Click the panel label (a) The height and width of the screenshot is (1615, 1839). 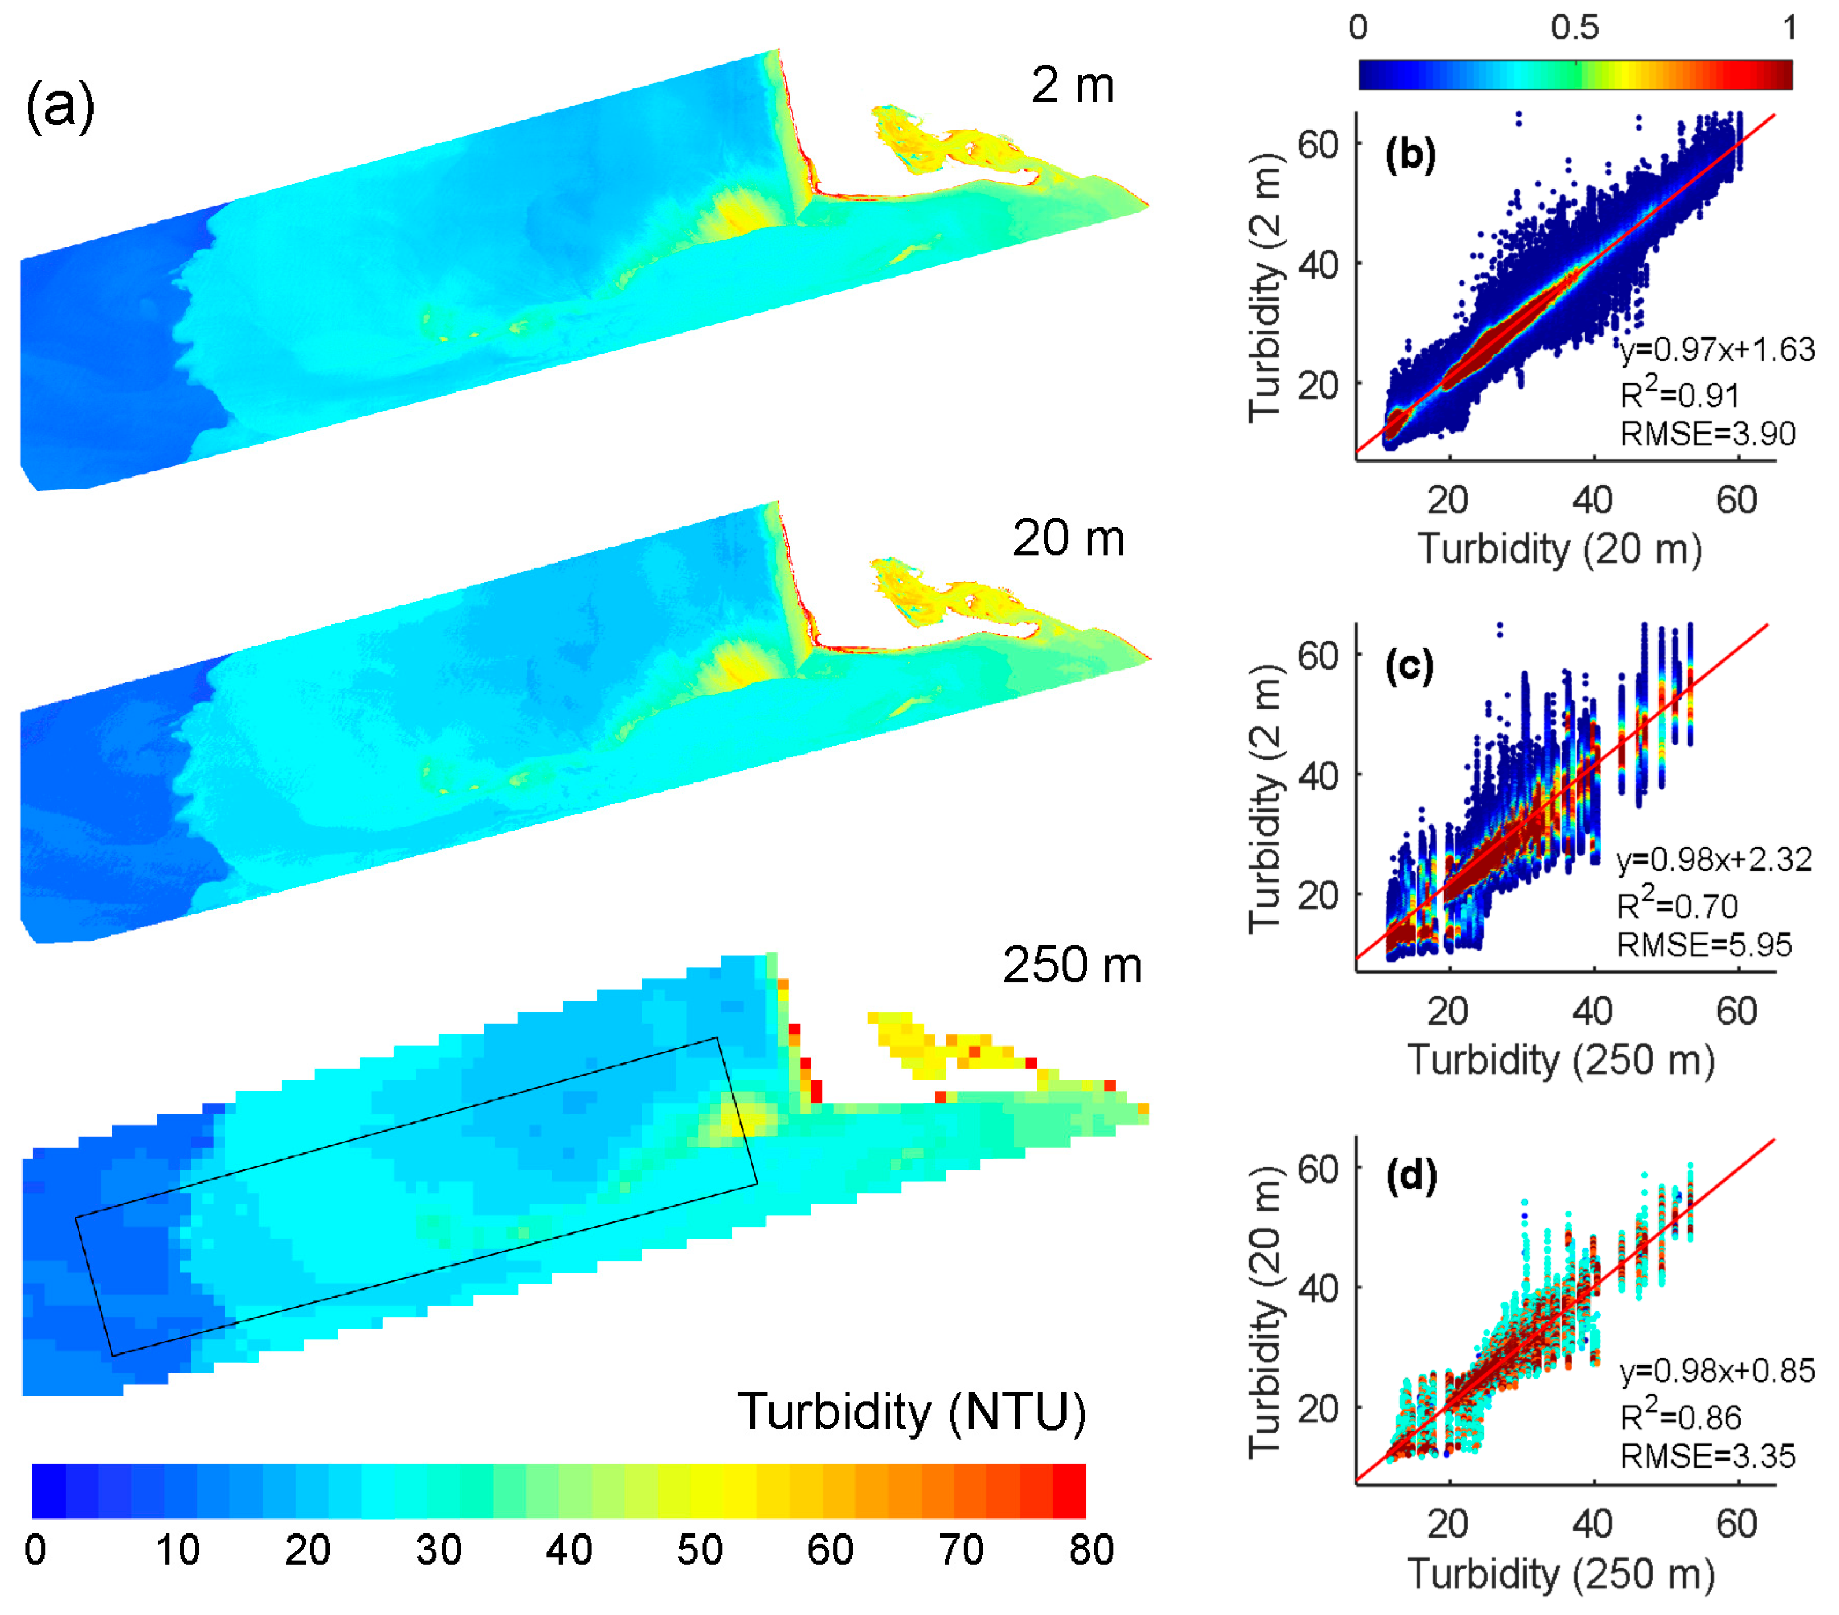(x=60, y=106)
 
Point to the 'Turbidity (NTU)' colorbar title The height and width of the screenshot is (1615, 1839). (x=911, y=1411)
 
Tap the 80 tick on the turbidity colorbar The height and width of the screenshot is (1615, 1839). (x=1090, y=1549)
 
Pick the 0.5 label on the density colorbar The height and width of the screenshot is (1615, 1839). (x=1574, y=28)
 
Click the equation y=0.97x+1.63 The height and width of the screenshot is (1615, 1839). (x=1716, y=349)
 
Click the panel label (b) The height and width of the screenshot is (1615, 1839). (x=1410, y=155)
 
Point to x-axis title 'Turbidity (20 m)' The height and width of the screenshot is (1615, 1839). (x=1559, y=549)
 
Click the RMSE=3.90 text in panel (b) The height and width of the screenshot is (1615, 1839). (x=1707, y=434)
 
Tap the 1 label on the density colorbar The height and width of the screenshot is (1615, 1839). (x=1789, y=28)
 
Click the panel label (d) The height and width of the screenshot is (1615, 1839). (x=1411, y=1176)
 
